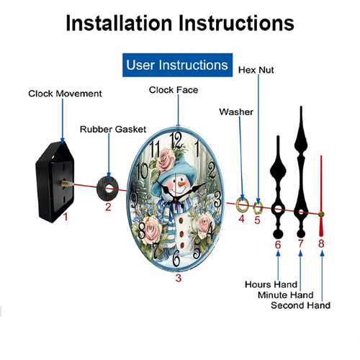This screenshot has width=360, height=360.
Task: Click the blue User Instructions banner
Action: [177, 65]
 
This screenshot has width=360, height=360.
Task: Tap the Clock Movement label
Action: [65, 94]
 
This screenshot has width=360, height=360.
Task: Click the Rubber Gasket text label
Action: [113, 130]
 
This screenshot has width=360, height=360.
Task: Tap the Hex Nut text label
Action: [256, 70]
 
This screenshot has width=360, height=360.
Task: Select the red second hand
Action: [321, 196]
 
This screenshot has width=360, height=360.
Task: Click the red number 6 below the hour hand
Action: [278, 245]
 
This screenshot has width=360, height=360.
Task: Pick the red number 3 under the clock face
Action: [179, 278]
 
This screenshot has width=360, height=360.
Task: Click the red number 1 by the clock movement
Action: [66, 217]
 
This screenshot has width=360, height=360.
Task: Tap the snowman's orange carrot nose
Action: [182, 184]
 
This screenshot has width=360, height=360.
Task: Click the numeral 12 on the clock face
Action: [176, 140]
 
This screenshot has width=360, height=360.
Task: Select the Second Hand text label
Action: [300, 305]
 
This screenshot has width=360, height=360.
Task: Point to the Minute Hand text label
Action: [286, 294]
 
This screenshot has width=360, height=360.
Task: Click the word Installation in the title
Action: [120, 23]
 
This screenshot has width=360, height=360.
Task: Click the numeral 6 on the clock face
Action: [176, 258]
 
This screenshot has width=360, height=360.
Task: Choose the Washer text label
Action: [236, 112]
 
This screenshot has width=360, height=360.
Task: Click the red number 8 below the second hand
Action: [321, 243]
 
